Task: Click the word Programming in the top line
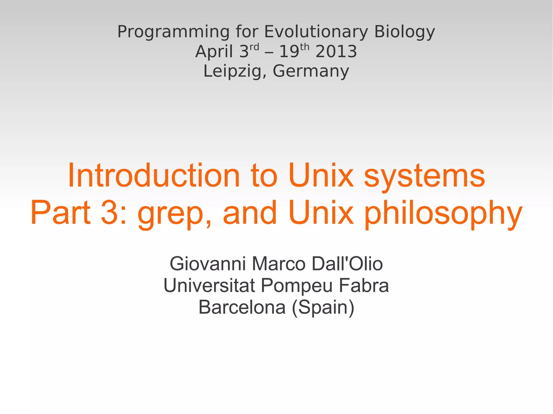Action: tap(173, 32)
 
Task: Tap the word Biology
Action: tap(404, 32)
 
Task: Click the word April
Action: tap(214, 52)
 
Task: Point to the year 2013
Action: tap(336, 52)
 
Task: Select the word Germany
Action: tap(311, 71)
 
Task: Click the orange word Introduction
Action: tap(154, 176)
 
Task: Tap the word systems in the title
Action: tap(424, 176)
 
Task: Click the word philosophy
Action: tap(443, 213)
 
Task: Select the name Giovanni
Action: tap(208, 264)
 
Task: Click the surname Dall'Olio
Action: tap(347, 264)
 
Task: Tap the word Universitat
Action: tap(209, 285)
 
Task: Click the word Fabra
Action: tap(364, 285)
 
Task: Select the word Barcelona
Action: tap(242, 307)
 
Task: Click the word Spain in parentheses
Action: tap(323, 308)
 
